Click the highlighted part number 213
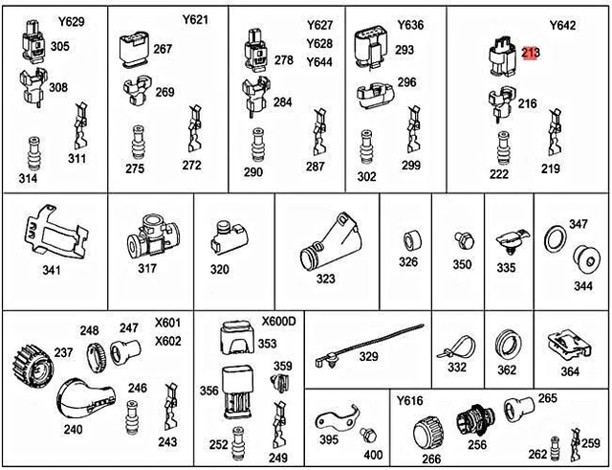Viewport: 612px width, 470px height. click(x=531, y=53)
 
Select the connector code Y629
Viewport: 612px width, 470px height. click(x=72, y=21)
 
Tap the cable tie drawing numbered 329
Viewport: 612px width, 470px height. click(x=369, y=345)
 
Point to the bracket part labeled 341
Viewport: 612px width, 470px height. click(x=55, y=231)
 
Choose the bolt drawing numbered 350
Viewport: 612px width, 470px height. click(x=465, y=240)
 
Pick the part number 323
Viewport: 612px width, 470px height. click(x=325, y=279)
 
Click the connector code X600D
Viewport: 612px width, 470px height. click(x=278, y=321)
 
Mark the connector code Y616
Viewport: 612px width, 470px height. click(x=410, y=400)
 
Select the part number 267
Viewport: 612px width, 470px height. click(x=163, y=49)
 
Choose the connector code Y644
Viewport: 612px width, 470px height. click(x=319, y=61)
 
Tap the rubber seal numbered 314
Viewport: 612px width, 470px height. click(x=34, y=153)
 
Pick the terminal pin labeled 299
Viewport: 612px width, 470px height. click(x=413, y=129)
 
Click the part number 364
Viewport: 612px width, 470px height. click(x=570, y=371)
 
